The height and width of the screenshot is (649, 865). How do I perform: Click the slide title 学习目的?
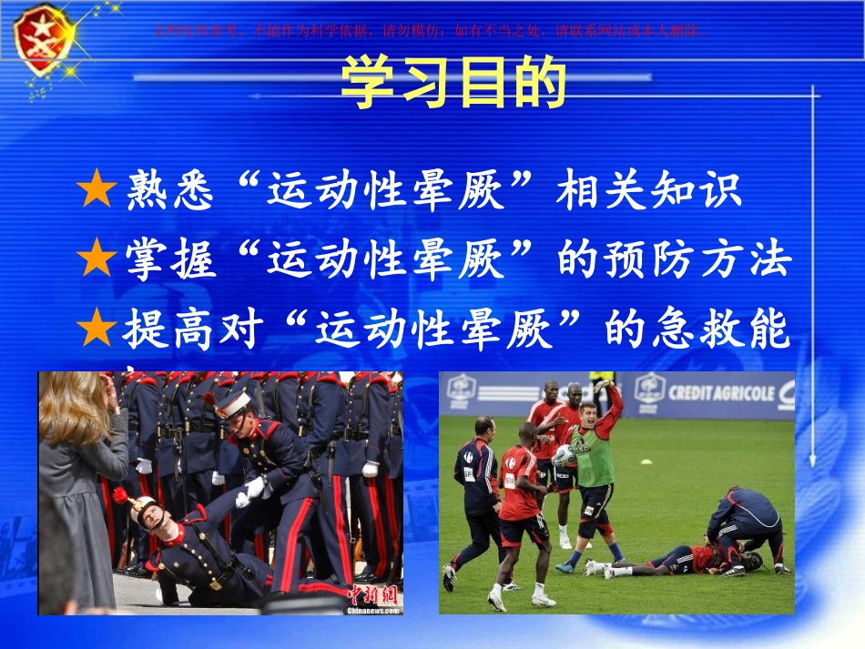click(453, 85)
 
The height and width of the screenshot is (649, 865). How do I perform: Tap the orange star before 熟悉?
click(97, 191)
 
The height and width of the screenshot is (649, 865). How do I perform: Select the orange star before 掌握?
click(97, 261)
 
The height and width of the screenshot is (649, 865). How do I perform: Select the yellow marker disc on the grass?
click(646, 462)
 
